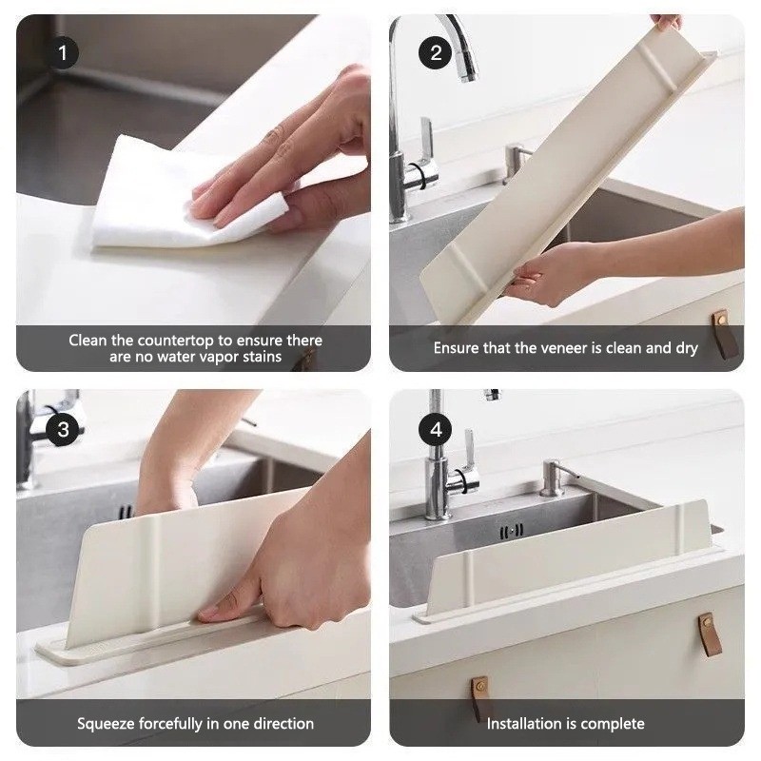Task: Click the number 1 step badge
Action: tap(63, 53)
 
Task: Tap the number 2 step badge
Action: tap(436, 53)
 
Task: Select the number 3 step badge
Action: tap(63, 429)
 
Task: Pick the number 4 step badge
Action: tap(436, 429)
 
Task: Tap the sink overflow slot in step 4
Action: tap(513, 531)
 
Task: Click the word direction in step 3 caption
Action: tap(279, 724)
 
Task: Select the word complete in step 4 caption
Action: tap(611, 724)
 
